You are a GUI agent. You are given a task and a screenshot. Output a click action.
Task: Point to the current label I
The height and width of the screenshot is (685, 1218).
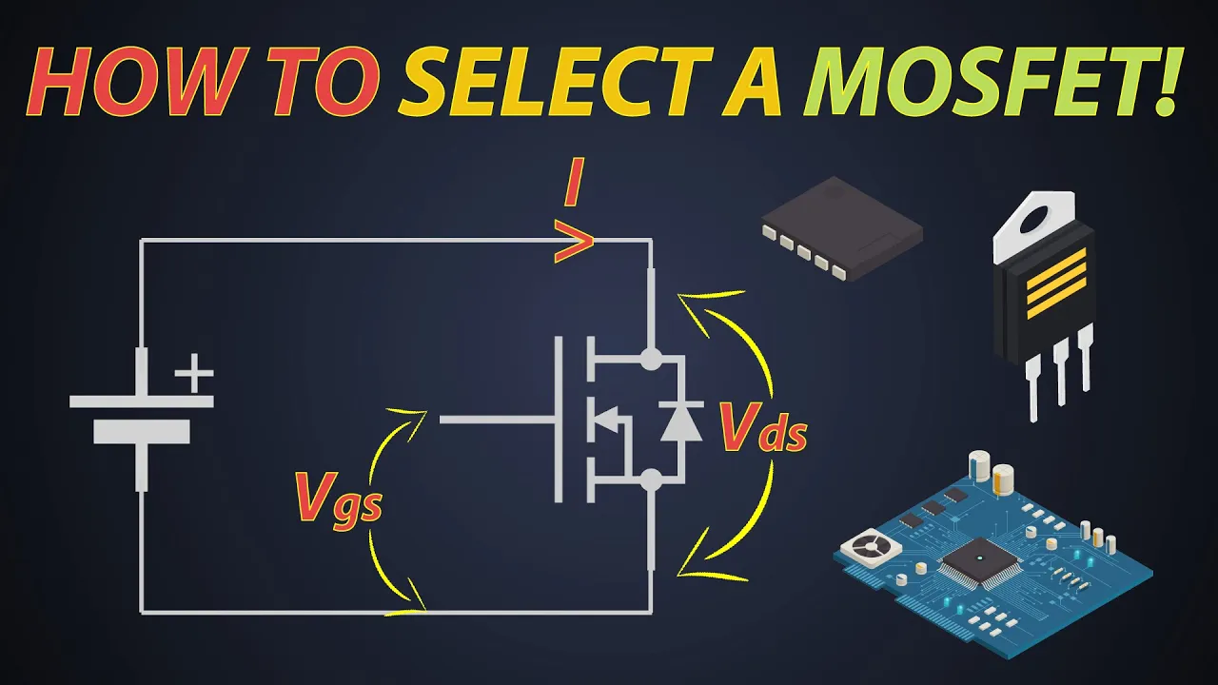click(574, 182)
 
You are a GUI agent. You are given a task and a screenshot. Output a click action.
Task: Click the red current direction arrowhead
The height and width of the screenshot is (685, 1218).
click(574, 242)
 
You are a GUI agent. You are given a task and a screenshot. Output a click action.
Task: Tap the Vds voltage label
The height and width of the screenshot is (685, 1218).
click(763, 428)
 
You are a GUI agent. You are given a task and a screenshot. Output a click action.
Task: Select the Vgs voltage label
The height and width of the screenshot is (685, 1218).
click(338, 499)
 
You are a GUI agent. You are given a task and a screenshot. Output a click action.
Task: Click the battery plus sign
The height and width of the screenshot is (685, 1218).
click(194, 373)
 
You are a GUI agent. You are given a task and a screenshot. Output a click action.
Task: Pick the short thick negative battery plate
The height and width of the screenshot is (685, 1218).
click(142, 432)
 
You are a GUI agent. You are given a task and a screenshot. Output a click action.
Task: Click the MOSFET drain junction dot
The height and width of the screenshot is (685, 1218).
click(651, 359)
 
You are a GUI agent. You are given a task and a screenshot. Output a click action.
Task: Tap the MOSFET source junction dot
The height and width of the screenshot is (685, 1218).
click(651, 480)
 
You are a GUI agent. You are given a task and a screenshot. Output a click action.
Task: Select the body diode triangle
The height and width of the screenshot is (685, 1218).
click(680, 424)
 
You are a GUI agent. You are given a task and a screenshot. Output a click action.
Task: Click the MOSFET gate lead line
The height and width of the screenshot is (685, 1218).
click(497, 420)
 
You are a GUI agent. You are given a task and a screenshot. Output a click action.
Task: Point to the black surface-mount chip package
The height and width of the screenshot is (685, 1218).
click(842, 228)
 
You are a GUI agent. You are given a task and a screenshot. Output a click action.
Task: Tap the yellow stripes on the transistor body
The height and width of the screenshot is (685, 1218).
click(1056, 284)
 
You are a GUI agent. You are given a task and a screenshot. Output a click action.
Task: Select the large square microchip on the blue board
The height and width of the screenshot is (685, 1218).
click(980, 561)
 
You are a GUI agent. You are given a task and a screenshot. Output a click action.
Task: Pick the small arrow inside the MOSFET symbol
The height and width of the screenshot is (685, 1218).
click(606, 419)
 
